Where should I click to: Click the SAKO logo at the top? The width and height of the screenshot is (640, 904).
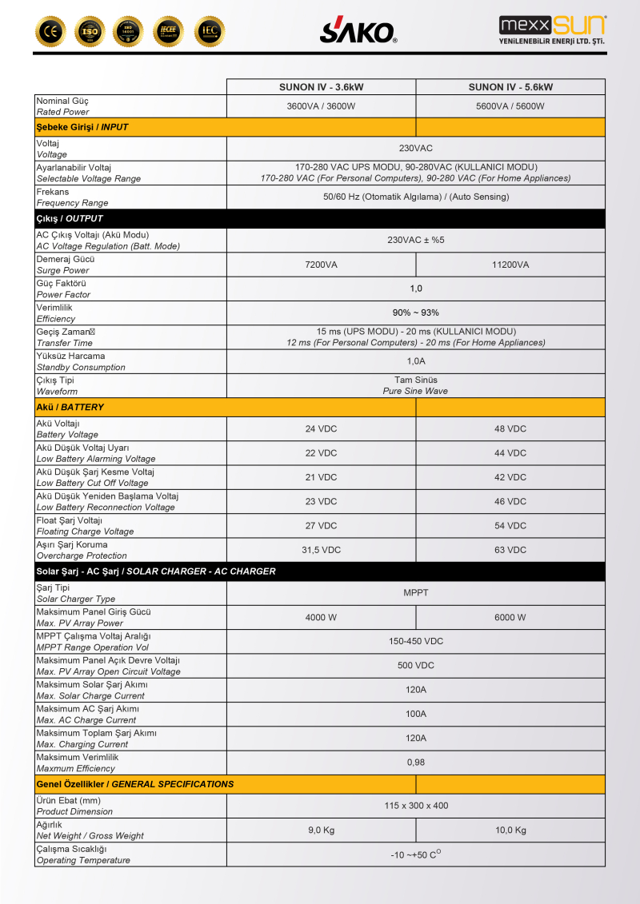(358, 30)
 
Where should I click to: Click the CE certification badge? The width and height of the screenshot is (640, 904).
(50, 31)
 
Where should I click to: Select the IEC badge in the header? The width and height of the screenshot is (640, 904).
(210, 31)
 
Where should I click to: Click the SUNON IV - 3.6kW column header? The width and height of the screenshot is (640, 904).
(321, 87)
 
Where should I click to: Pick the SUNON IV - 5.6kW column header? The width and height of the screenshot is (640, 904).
(510, 87)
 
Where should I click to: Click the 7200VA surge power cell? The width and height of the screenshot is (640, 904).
(321, 265)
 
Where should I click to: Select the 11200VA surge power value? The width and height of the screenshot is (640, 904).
(510, 265)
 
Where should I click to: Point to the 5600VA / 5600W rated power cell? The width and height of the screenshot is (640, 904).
(510, 106)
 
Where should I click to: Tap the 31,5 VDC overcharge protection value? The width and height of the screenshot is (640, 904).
(321, 550)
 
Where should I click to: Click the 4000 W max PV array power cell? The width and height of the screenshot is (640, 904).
(321, 617)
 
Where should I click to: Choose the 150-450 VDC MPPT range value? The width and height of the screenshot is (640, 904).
(415, 641)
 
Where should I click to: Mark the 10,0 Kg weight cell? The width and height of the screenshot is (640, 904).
(510, 830)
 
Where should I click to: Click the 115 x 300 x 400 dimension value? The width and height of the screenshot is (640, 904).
(415, 806)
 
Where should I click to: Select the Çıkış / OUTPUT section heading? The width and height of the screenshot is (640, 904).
(70, 218)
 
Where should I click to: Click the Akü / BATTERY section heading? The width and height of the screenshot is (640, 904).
(70, 407)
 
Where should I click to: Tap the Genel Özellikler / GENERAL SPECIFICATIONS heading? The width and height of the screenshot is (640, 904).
(135, 784)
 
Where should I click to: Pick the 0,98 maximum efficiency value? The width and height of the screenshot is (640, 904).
(415, 763)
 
